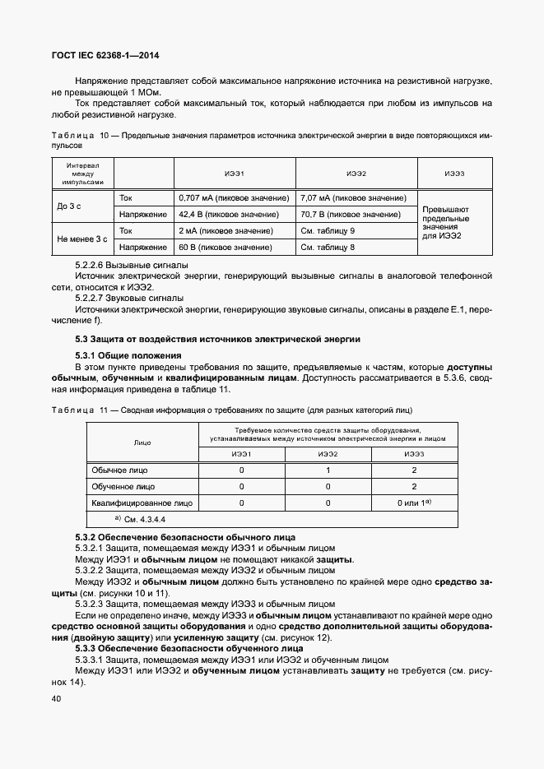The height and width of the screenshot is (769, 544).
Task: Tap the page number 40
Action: click(x=57, y=697)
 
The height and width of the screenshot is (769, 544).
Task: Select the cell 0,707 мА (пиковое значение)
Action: click(x=234, y=198)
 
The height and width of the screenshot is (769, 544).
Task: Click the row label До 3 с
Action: click(x=69, y=206)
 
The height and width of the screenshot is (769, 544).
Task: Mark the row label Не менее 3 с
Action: click(x=82, y=239)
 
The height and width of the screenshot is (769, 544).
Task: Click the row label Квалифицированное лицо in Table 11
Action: click(x=142, y=502)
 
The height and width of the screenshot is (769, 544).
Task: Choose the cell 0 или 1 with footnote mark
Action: click(x=414, y=502)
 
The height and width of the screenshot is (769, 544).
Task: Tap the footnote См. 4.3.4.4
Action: click(x=144, y=519)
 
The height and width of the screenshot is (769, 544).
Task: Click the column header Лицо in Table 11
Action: click(x=142, y=442)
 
